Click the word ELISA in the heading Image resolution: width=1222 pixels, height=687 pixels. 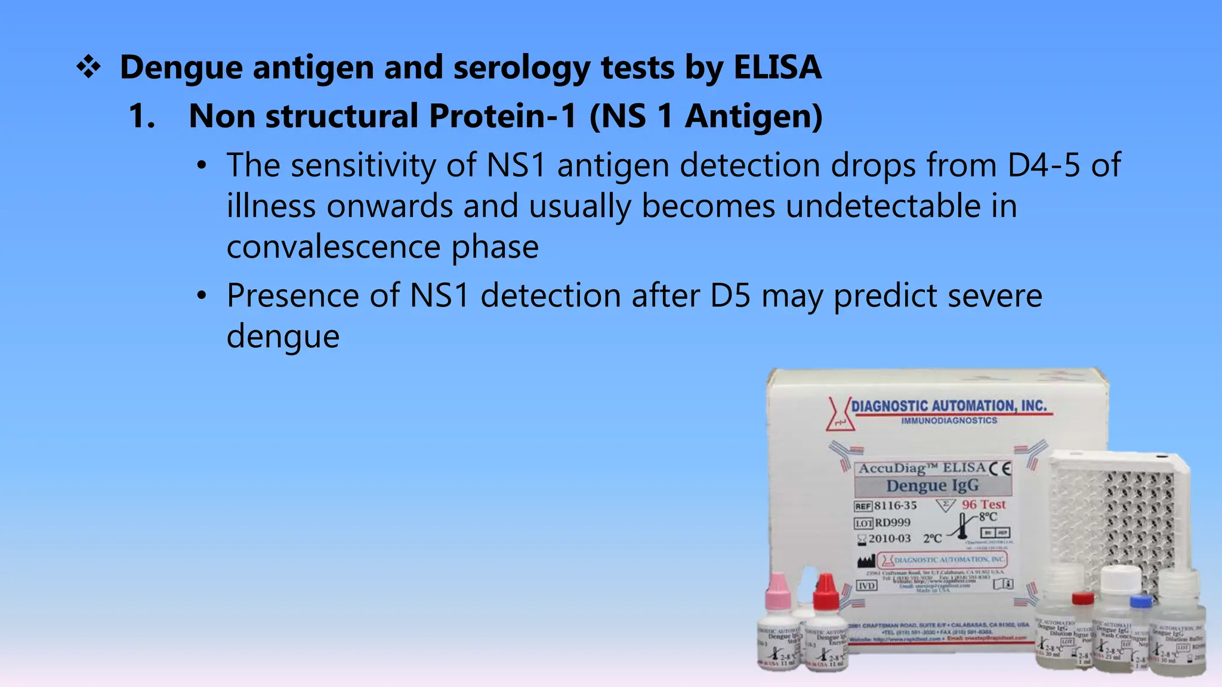(x=777, y=67)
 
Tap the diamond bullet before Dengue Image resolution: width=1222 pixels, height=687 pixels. (x=88, y=67)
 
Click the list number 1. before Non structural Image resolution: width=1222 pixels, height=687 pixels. (x=142, y=116)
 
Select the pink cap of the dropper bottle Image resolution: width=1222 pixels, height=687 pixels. (x=778, y=590)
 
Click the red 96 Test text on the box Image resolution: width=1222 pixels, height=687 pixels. (x=983, y=505)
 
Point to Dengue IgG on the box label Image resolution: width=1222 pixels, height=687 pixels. (x=932, y=485)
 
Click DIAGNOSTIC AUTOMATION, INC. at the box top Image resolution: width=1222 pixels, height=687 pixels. (x=948, y=406)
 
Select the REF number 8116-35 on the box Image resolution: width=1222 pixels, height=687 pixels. (x=895, y=506)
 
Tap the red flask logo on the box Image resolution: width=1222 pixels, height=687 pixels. (x=840, y=413)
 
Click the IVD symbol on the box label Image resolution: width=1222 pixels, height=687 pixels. (x=866, y=586)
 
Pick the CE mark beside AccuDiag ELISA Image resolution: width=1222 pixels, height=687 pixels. (x=1000, y=469)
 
